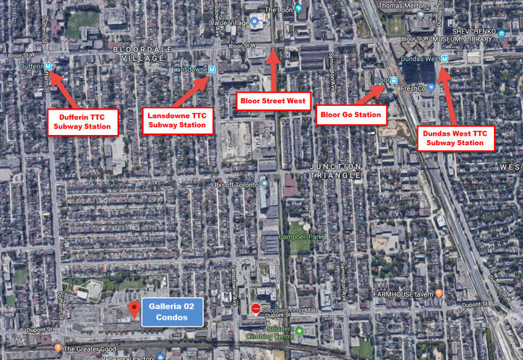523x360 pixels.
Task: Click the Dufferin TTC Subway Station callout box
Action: [x=83, y=121]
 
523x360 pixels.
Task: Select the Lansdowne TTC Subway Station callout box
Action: [x=178, y=120]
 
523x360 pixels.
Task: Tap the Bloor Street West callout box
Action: [x=273, y=100]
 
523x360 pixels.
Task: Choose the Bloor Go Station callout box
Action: [x=350, y=114]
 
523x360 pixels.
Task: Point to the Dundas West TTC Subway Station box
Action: [x=456, y=138]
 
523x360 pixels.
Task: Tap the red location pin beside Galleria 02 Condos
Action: [x=133, y=311]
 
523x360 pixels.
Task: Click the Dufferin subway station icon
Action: [x=48, y=66]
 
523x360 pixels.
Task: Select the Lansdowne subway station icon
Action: [x=211, y=70]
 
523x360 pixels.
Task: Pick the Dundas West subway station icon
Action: [x=445, y=59]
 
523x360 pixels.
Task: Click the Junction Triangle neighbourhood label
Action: [x=334, y=171]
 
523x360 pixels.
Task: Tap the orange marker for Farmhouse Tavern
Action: [x=439, y=295]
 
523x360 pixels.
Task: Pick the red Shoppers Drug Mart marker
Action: [x=255, y=310]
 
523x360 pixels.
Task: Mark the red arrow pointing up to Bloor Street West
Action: [x=273, y=69]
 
